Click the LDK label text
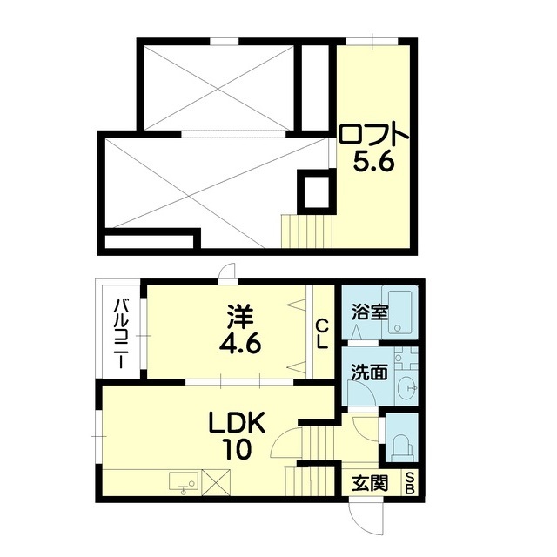235,425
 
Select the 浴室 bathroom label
370,312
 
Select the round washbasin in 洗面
406,387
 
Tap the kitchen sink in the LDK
182,481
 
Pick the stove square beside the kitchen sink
216,481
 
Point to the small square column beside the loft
314,191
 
